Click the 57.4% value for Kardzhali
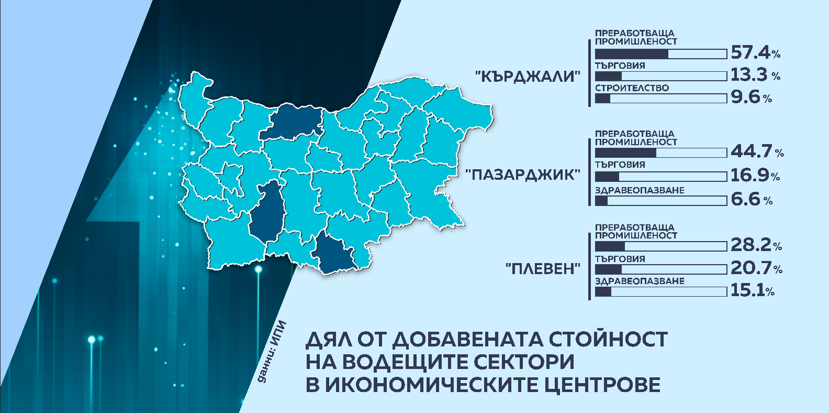755,52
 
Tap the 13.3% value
755,75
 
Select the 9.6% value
751,97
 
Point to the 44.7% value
757,151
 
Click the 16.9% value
755,175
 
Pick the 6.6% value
751,199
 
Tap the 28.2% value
756,245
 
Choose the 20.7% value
756,268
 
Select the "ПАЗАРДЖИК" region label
523,175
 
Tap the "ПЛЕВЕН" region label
543,269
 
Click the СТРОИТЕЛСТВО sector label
632,88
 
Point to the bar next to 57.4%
660,54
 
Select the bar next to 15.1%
660,291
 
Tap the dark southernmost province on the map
335,254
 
